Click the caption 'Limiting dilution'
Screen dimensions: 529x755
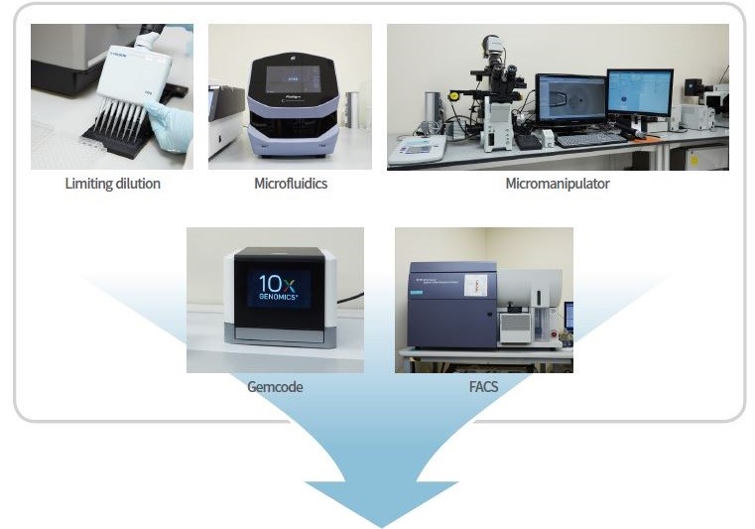pyautogui.click(x=112, y=184)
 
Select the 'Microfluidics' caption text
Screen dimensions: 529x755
pyautogui.click(x=290, y=184)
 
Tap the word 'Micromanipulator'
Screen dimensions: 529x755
pyautogui.click(x=558, y=184)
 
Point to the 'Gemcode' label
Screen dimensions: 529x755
pyautogui.click(x=275, y=387)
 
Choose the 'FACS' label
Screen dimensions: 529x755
pyautogui.click(x=483, y=387)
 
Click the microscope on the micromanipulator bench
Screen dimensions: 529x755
pyautogui.click(x=496, y=99)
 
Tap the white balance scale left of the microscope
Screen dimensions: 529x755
pyautogui.click(x=416, y=150)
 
